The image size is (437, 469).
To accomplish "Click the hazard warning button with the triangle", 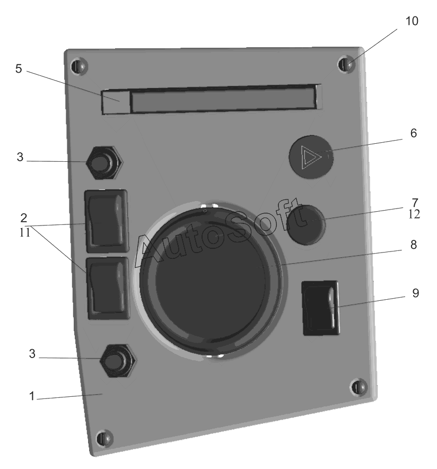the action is [x=311, y=157].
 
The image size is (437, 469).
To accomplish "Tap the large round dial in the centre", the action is [x=211, y=280].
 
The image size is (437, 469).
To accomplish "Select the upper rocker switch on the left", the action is [x=107, y=221].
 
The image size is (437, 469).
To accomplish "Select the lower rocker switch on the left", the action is [x=108, y=288].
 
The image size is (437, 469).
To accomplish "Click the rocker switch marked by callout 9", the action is [x=321, y=308].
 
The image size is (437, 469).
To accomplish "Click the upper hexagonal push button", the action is [x=104, y=163].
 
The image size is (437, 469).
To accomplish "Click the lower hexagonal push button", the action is [x=118, y=360].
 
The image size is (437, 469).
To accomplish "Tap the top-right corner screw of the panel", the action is [x=346, y=64].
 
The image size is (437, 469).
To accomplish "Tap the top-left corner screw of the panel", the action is [x=79, y=66].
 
